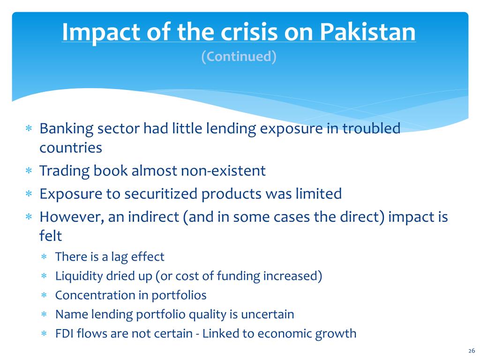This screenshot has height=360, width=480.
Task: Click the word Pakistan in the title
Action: pyautogui.click(x=367, y=32)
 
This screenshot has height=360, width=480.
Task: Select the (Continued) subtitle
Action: pyautogui.click(x=239, y=57)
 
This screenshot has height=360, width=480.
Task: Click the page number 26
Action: pyautogui.click(x=472, y=351)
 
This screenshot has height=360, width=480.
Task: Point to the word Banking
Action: pyautogui.click(x=67, y=129)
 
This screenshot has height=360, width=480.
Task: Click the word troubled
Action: pyautogui.click(x=371, y=128)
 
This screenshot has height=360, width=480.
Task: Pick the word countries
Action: pyautogui.click(x=71, y=148)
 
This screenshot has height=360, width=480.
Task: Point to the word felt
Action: pyautogui.click(x=51, y=236)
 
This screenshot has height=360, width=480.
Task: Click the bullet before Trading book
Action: pyautogui.click(x=29, y=171)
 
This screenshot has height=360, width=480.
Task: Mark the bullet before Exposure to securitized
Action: pyautogui.click(x=29, y=194)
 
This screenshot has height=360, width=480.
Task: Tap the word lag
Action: pyautogui.click(x=119, y=257)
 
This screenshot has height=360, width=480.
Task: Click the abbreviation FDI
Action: pyautogui.click(x=64, y=334)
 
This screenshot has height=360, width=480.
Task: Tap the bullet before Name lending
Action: pyautogui.click(x=44, y=314)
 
